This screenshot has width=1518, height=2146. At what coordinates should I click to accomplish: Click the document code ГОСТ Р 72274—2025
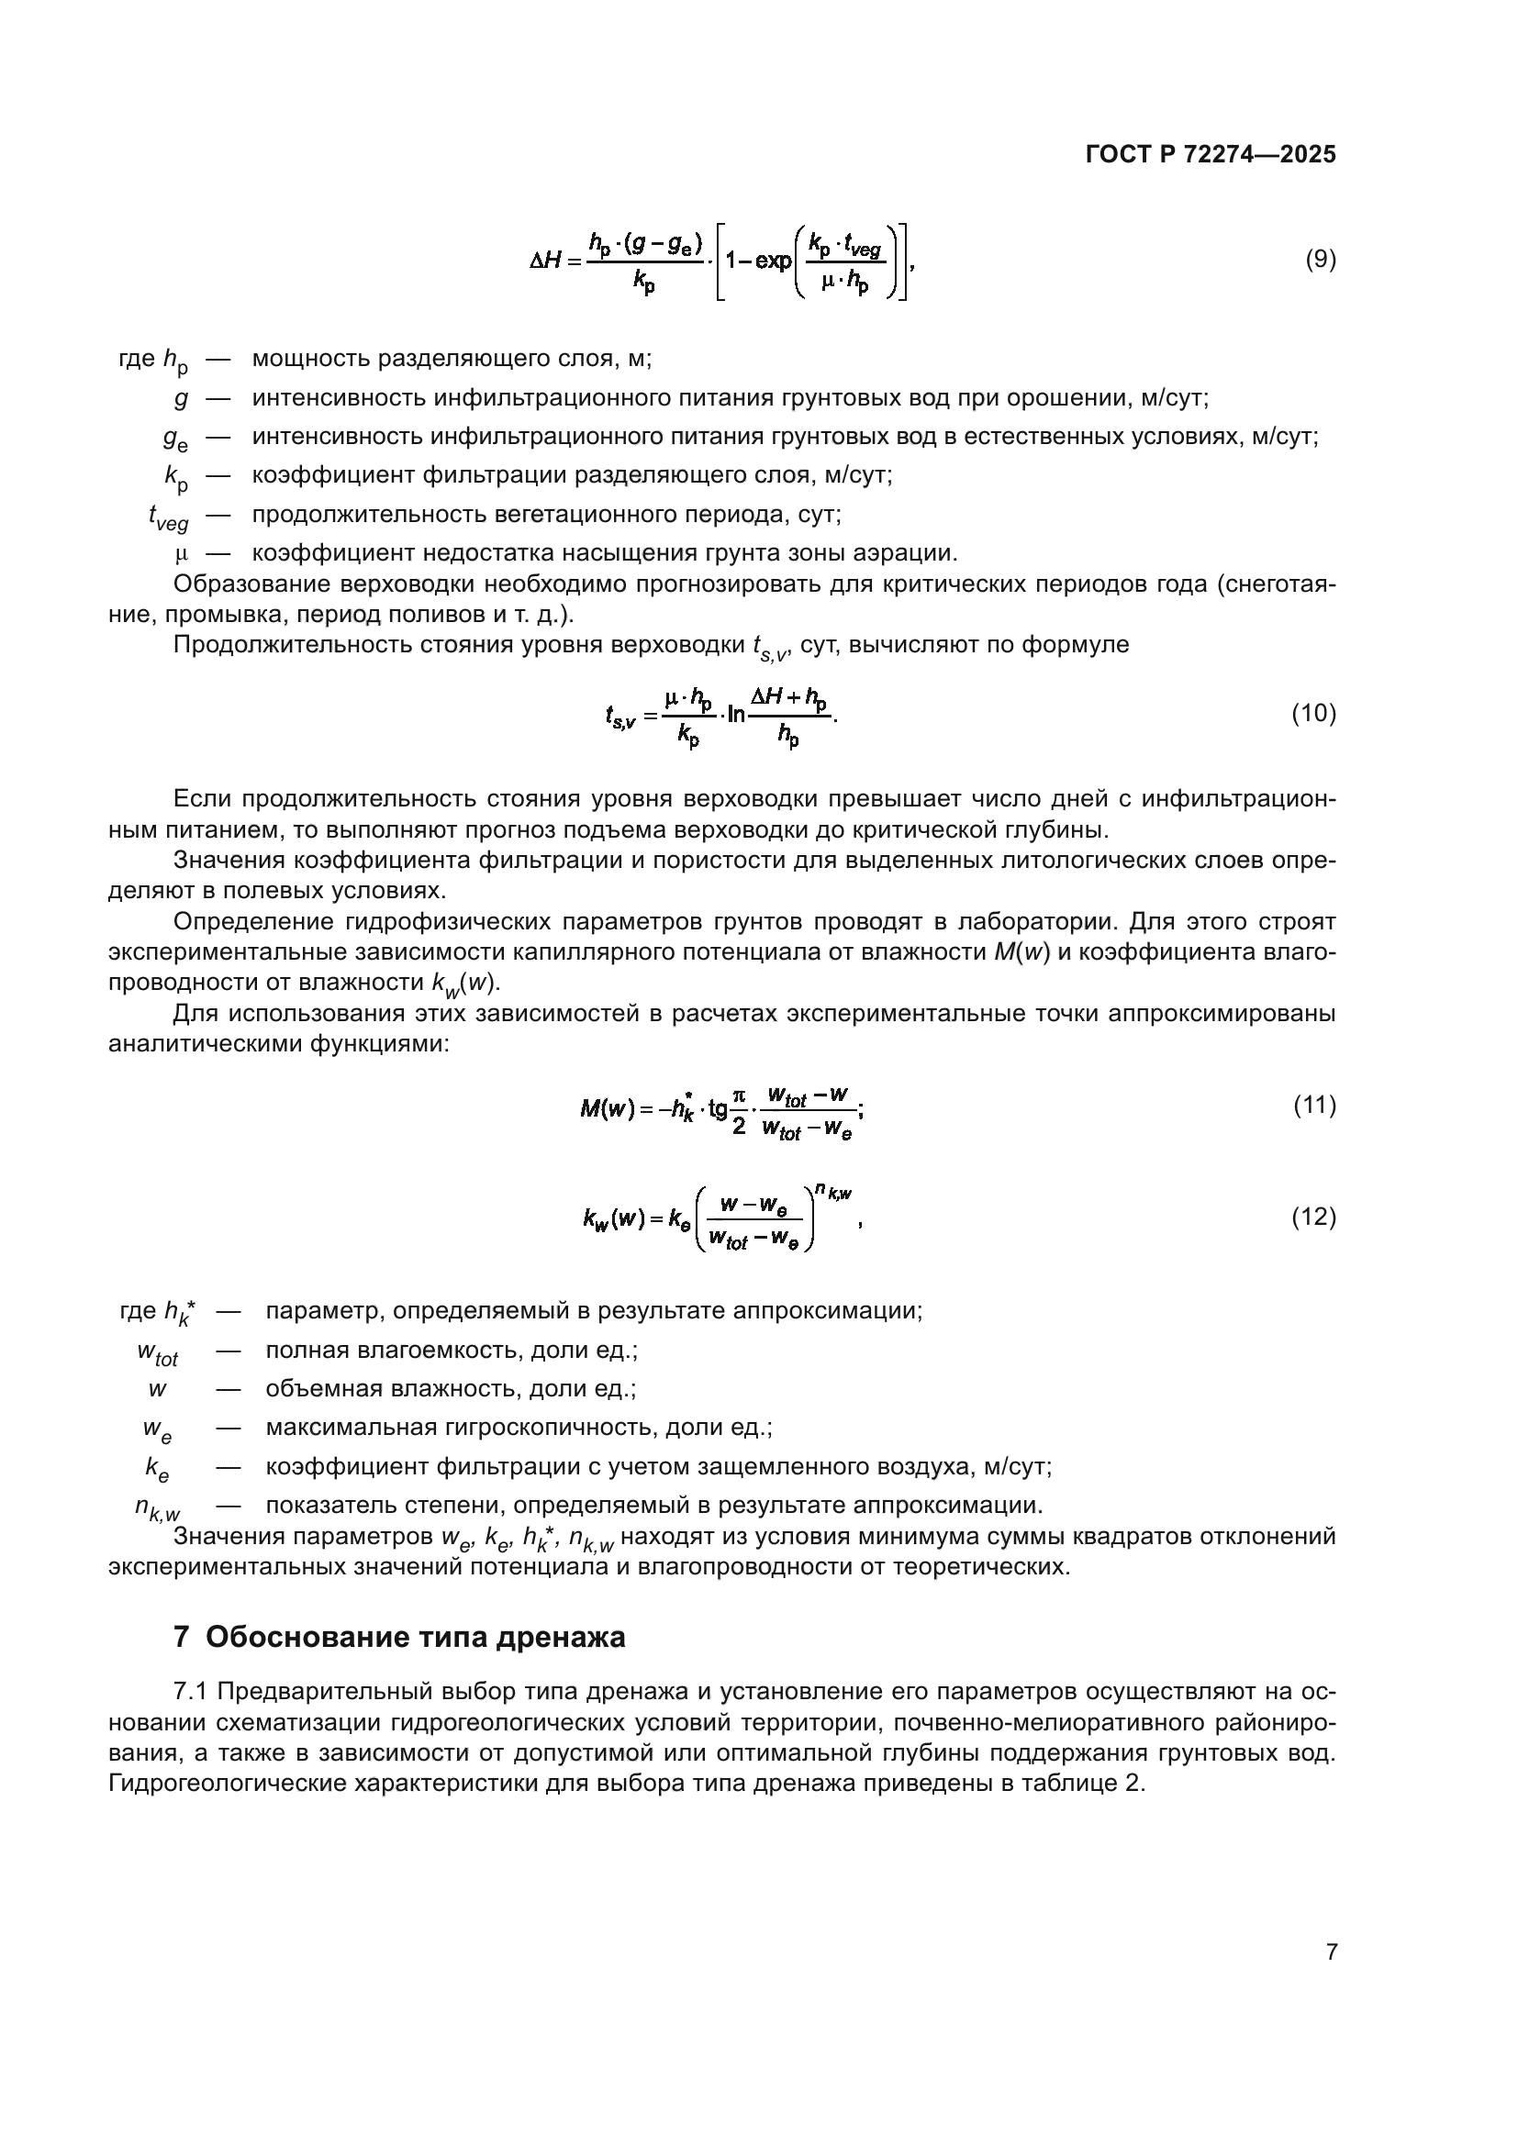coord(1211,155)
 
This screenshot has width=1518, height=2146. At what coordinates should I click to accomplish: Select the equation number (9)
coord(1320,260)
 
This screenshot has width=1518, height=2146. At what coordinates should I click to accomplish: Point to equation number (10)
coord(1313,714)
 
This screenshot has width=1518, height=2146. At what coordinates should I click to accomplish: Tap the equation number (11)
coord(1314,1106)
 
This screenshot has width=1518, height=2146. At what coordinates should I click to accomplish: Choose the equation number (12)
coord(1313,1216)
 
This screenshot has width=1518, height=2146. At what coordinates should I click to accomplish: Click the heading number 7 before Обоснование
coord(184,1638)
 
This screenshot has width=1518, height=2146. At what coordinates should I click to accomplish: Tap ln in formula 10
coord(736,715)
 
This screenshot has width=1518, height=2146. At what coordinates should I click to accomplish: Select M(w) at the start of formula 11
coord(608,1109)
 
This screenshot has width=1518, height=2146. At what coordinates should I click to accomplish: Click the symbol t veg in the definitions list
coord(168,517)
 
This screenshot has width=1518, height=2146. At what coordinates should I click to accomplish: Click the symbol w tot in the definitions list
coord(157,1352)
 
